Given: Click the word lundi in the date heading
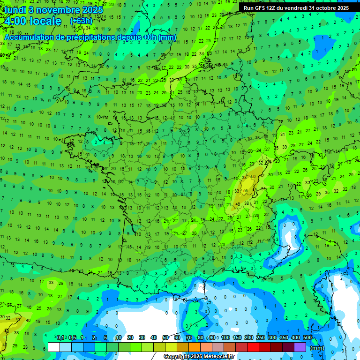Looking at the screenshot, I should tap(14, 10).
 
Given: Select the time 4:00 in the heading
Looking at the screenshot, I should tap(15, 21).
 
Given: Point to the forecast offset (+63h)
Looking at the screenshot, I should tap(81, 21).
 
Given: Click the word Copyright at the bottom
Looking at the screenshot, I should tap(175, 357).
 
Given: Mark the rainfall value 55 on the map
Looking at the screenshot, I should tap(246, 190).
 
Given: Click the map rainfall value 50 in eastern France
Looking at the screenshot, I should tap(253, 176).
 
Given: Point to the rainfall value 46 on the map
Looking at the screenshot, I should tap(238, 204).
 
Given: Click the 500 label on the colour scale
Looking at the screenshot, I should tap(307, 338).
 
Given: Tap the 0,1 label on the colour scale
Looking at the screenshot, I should tap(60, 338).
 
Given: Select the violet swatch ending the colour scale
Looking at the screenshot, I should tap(300, 347).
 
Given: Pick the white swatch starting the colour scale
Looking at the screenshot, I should tap(54, 347).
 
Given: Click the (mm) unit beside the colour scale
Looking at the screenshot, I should tap(317, 348).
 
